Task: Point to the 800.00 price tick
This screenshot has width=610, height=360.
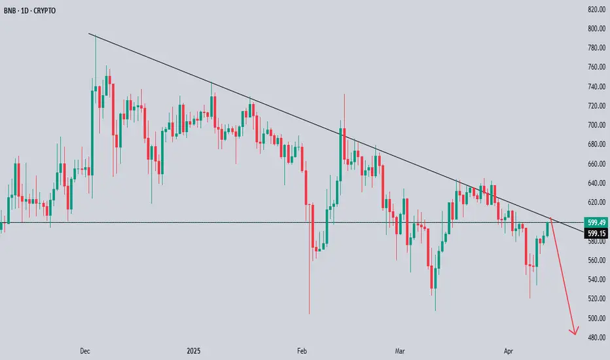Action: pyautogui.click(x=595, y=29)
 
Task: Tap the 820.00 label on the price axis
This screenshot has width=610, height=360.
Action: pyautogui.click(x=595, y=10)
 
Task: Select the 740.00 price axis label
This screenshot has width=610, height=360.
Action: pyautogui.click(x=595, y=87)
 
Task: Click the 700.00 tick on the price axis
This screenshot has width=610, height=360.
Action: pyautogui.click(x=595, y=125)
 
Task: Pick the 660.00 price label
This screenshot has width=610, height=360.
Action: pyautogui.click(x=595, y=164)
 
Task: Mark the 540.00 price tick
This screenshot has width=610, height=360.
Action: pyautogui.click(x=595, y=279)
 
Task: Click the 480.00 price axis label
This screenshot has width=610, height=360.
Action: pyautogui.click(x=595, y=338)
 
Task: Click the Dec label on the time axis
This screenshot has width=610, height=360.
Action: pyautogui.click(x=84, y=351)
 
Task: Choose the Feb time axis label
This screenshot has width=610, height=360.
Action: pyautogui.click(x=302, y=351)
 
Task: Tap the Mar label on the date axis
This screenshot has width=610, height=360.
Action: pyautogui.click(x=400, y=351)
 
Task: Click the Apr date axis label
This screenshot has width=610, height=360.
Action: pyautogui.click(x=509, y=351)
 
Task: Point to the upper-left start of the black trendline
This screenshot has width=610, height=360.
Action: pyautogui.click(x=90, y=34)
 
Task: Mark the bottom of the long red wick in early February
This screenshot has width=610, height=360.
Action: pyautogui.click(x=309, y=314)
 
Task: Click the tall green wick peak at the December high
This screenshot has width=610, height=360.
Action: pyautogui.click(x=96, y=35)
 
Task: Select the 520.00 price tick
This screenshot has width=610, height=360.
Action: pyautogui.click(x=595, y=299)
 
